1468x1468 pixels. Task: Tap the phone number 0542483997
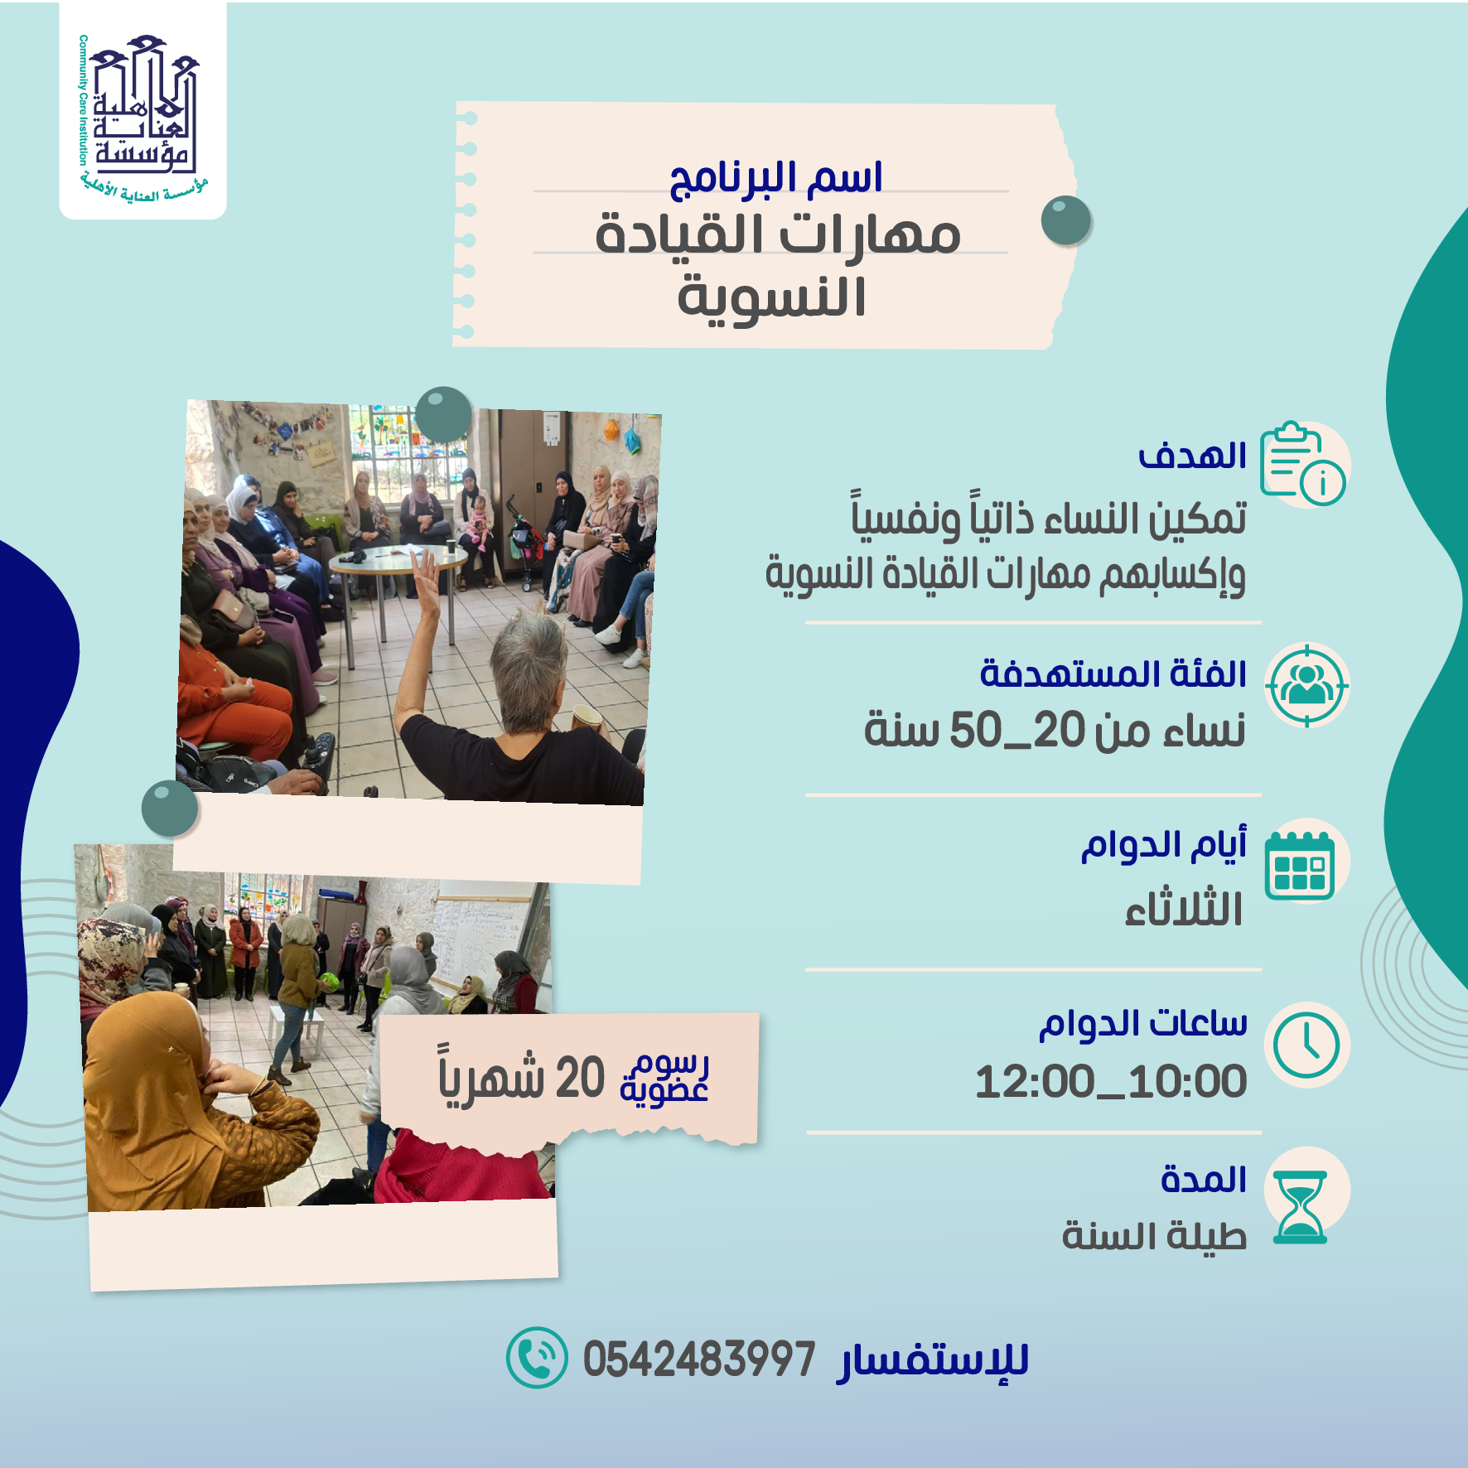pos(699,1359)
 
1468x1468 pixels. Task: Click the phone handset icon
pos(537,1358)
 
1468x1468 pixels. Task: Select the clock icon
pos(1306,1045)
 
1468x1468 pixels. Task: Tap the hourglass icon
pos(1301,1206)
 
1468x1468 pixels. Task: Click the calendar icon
pos(1300,865)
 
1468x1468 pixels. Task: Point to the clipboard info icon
pos(1302,463)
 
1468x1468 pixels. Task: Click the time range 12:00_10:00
pos(1111,1082)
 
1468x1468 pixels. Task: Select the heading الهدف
pos(1192,456)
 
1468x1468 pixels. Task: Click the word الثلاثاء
pos(1183,909)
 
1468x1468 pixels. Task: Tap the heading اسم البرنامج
pos(776,178)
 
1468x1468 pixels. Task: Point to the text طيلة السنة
pos(1154,1236)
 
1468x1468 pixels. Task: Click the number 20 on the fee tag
pos(580,1079)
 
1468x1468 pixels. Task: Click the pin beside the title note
pos(1066,220)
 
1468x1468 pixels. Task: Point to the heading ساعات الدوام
pos(1143,1025)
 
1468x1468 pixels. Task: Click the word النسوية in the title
pos(771,297)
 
